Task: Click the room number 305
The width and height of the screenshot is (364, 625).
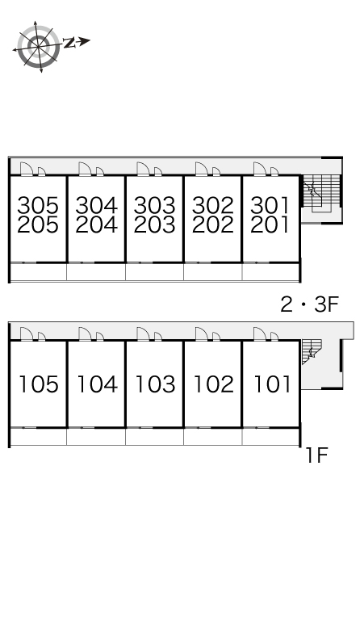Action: click(38, 205)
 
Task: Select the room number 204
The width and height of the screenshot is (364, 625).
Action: click(96, 224)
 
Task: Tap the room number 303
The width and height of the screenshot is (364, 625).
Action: click(154, 205)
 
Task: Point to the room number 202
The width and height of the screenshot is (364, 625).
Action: click(213, 224)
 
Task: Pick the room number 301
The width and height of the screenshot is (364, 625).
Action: click(270, 205)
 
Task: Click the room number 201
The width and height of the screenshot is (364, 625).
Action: click(270, 224)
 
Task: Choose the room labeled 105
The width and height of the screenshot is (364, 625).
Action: click(39, 384)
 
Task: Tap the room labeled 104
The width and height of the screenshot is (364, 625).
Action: click(97, 384)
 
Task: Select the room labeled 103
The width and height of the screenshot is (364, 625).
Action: click(155, 384)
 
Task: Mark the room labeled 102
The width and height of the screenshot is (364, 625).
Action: click(214, 384)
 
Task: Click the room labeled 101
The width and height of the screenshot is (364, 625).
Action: click(272, 384)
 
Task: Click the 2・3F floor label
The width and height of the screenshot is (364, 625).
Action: click(309, 305)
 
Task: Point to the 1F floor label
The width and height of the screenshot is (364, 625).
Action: click(317, 455)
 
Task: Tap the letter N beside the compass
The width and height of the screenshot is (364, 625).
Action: click(69, 42)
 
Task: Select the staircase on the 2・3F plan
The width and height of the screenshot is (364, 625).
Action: click(321, 193)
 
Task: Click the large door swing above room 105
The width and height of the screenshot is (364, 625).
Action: click(27, 168)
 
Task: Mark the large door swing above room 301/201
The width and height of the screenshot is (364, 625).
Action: click(260, 168)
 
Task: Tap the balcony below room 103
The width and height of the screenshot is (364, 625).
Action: click(154, 437)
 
